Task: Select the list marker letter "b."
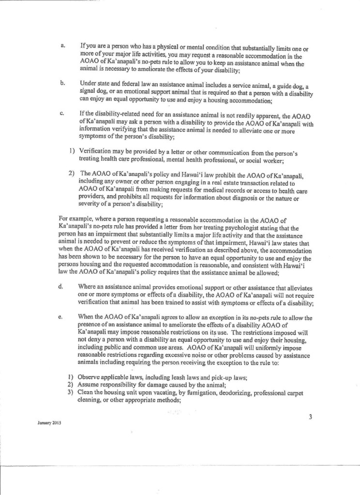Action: pyautogui.click(x=62, y=83)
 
